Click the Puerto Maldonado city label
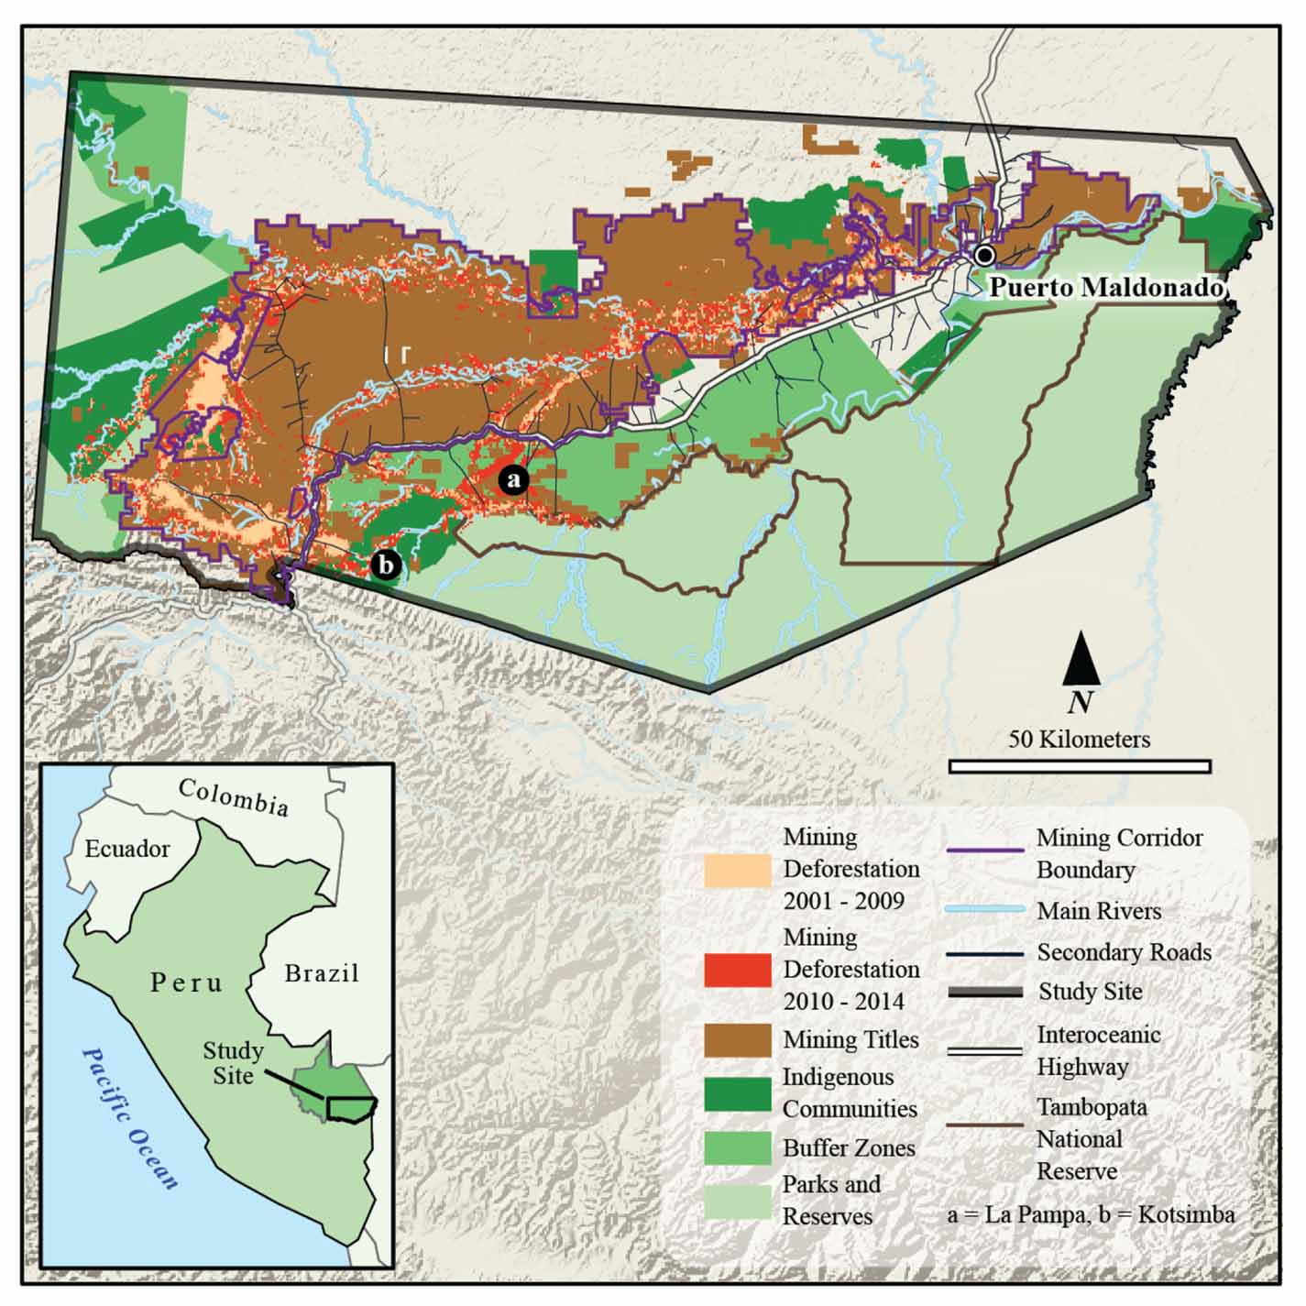tap(1106, 288)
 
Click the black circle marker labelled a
tap(513, 479)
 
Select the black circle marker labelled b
tap(386, 565)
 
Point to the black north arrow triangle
tap(1081, 659)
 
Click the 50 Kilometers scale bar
tap(1080, 766)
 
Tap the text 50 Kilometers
tap(1079, 739)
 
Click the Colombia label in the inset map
tap(234, 796)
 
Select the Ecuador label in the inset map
tap(127, 849)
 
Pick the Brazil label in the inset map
tap(322, 972)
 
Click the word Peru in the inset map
tap(187, 983)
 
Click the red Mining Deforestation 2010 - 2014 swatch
tap(737, 971)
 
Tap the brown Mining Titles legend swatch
tap(737, 1040)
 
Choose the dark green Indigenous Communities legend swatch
tap(737, 1093)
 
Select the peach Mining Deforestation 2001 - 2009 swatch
tap(737, 870)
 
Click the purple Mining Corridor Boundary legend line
tap(983, 851)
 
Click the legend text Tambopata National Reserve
tap(1079, 1139)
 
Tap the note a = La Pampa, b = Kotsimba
tap(1091, 1215)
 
